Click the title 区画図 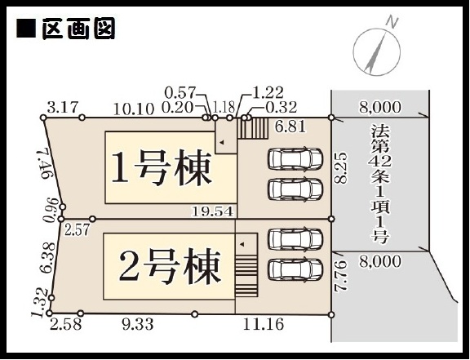78,29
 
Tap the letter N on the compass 392,23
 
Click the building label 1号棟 162,169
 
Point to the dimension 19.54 212,211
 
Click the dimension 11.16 264,324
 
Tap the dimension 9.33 138,324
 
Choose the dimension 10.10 134,109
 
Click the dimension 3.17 64,108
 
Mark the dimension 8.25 341,167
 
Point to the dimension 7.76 341,276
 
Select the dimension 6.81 290,127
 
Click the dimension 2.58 65,325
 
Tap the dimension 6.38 47,258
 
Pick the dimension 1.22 268,92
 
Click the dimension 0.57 180,93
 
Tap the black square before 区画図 26,29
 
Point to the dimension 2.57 77,230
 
